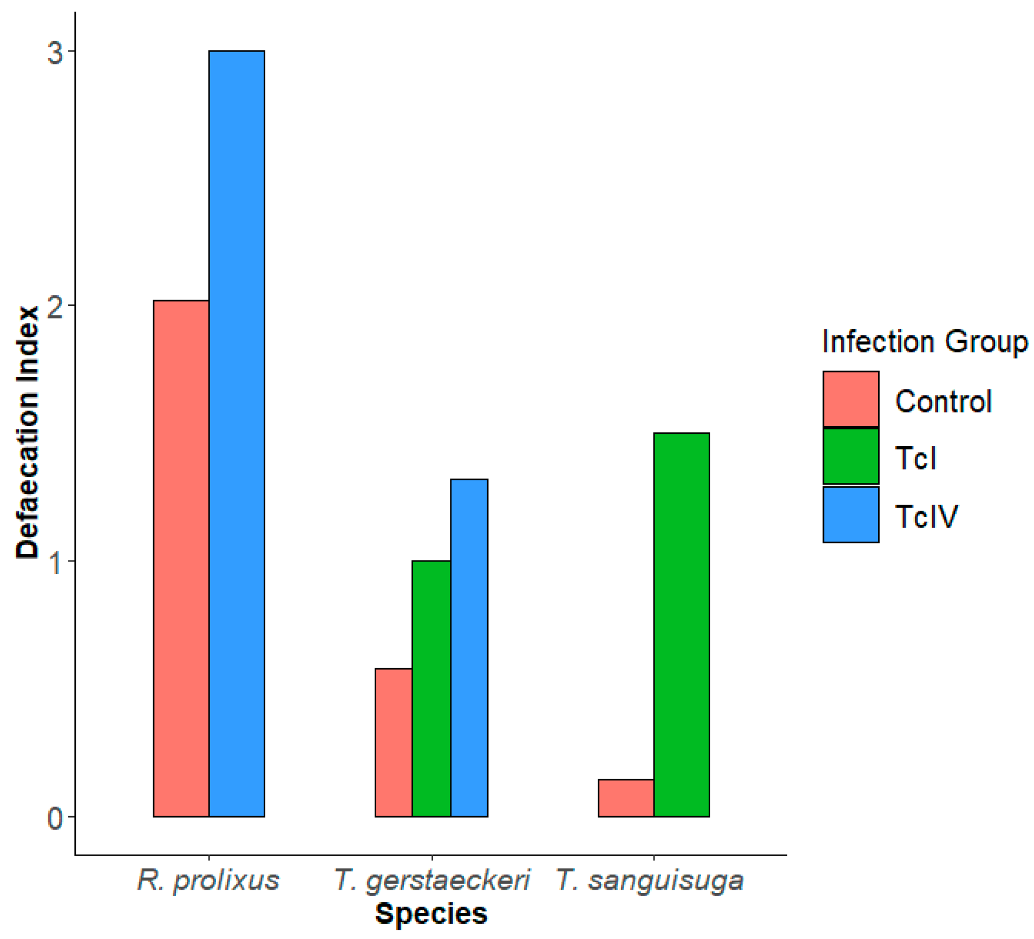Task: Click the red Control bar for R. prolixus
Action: click(181, 558)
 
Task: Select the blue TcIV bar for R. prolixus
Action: click(237, 433)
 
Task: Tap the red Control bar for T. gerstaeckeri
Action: click(393, 742)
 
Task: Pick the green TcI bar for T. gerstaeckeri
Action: click(431, 688)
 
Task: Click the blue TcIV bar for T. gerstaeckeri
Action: click(469, 647)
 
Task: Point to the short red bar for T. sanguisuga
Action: click(625, 798)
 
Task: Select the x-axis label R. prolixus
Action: click(208, 880)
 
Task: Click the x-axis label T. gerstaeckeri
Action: click(431, 880)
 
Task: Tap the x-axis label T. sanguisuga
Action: click(650, 880)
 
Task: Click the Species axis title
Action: click(431, 914)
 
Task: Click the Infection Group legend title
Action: click(924, 342)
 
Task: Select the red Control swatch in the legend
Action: click(850, 399)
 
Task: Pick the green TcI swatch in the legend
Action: click(850, 457)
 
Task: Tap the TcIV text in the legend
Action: click(926, 516)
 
